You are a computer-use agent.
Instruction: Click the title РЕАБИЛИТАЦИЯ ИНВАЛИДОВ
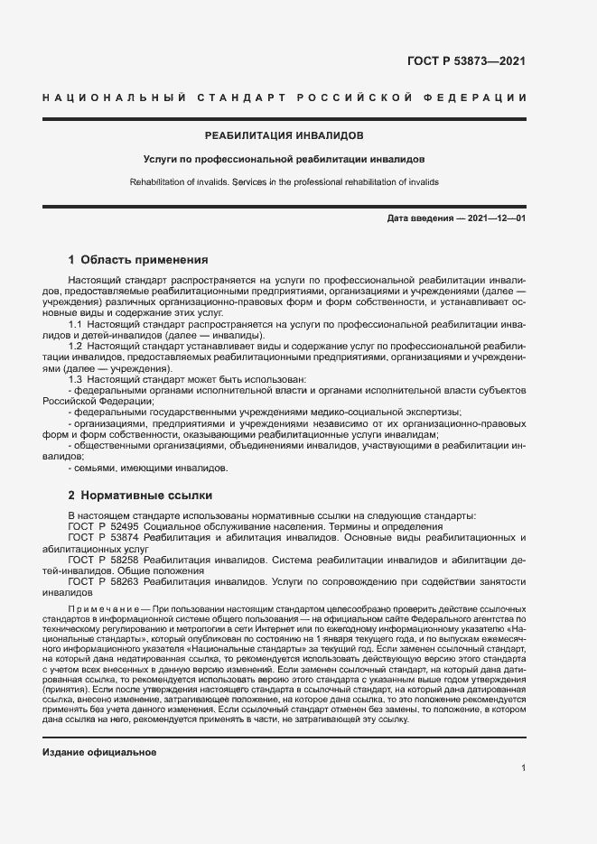click(x=285, y=135)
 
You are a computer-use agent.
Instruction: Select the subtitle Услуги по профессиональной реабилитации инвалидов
click(x=285, y=159)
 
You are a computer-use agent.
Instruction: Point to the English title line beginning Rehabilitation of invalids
click(x=285, y=181)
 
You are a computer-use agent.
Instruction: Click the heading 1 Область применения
click(x=138, y=259)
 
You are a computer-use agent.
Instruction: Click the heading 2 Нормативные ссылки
click(x=140, y=496)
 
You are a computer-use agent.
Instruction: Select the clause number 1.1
click(x=77, y=324)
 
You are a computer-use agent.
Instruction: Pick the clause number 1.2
click(x=77, y=347)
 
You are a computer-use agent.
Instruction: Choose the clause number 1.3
click(x=77, y=380)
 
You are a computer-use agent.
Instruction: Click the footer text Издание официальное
click(x=99, y=727)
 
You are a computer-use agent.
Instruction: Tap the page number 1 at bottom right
click(x=524, y=767)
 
